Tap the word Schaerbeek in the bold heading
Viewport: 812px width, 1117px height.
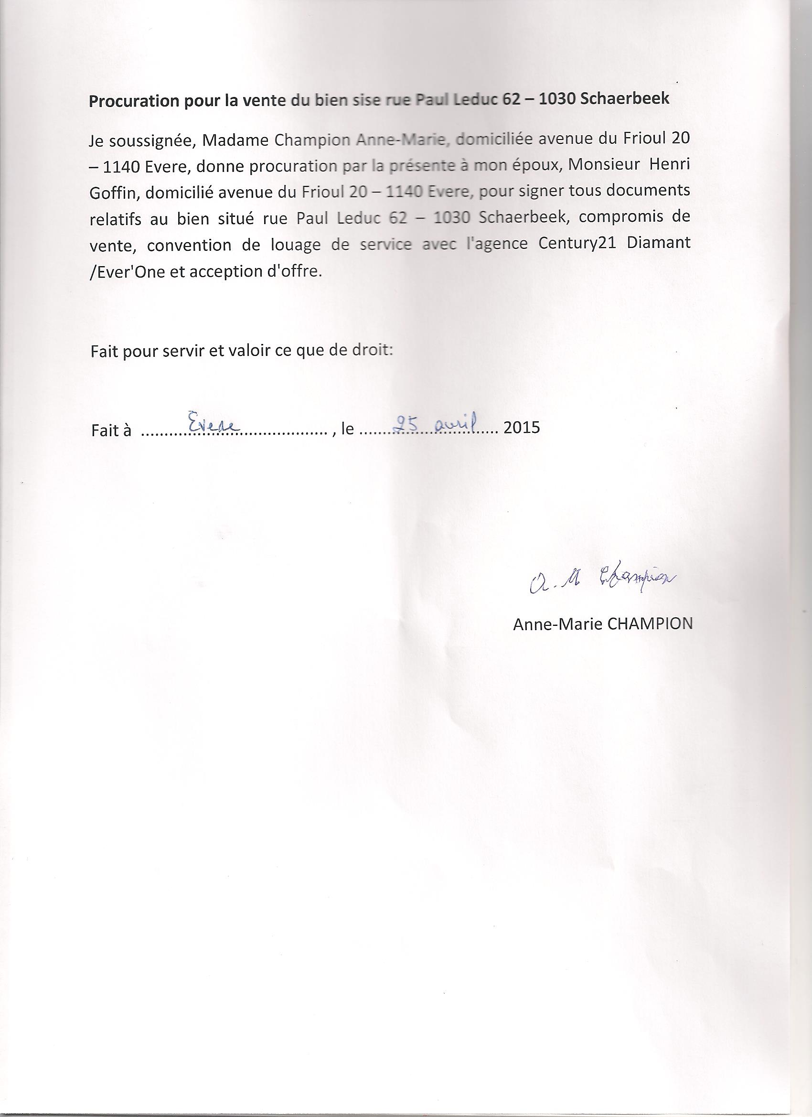(625, 98)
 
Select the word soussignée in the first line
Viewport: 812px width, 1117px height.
(150, 141)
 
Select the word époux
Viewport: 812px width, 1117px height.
(538, 166)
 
